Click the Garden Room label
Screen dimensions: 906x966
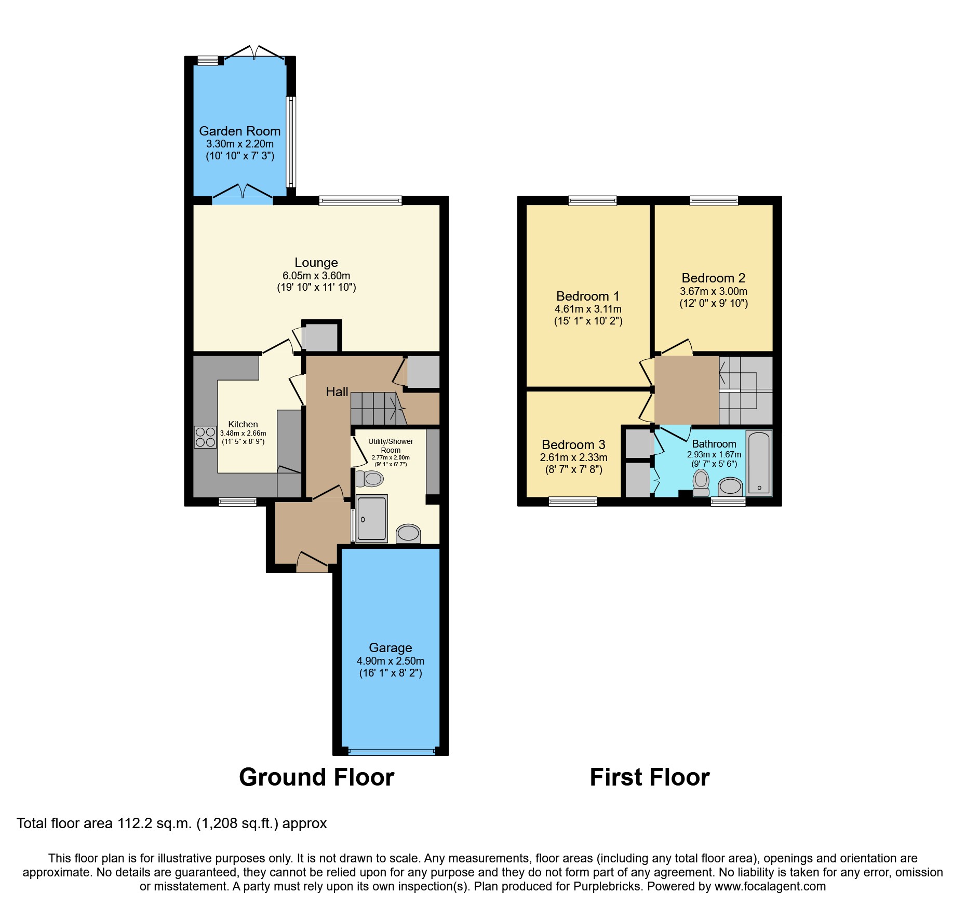click(x=239, y=131)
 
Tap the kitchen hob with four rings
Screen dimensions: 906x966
click(x=205, y=437)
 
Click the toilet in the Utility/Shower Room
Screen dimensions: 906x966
click(x=370, y=478)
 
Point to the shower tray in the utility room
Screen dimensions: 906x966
click(x=372, y=518)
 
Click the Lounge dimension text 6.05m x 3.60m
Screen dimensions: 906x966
click(x=316, y=276)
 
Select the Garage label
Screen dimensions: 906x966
click(x=390, y=647)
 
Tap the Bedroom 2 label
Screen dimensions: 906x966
click(x=713, y=278)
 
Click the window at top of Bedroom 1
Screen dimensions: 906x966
click(x=592, y=200)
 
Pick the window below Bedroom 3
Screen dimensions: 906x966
click(x=572, y=501)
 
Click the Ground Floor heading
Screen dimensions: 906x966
click(x=316, y=777)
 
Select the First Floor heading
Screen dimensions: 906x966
click(x=649, y=777)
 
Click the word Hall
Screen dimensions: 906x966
click(x=337, y=392)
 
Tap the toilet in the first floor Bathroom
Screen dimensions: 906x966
click(x=701, y=482)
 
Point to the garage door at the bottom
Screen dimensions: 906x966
click(x=392, y=751)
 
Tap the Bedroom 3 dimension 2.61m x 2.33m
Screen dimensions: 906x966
click(x=573, y=457)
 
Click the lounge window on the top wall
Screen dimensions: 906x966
click(x=360, y=200)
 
